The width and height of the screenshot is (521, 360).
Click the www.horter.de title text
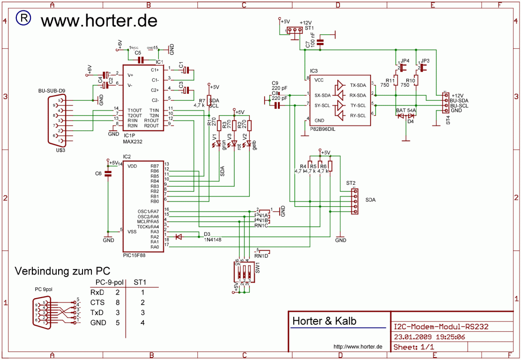click(99, 21)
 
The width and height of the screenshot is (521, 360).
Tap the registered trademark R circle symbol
click(24, 18)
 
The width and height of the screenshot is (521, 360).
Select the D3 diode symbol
click(179, 237)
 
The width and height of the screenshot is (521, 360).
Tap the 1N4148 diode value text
click(213, 240)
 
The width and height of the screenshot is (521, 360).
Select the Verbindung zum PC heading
click(62, 271)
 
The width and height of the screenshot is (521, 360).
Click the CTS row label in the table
click(97, 302)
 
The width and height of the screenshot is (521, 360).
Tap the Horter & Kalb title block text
click(324, 321)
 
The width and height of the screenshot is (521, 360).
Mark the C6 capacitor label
click(98, 173)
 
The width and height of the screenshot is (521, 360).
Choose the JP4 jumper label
click(405, 61)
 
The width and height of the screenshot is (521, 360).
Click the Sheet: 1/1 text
click(414, 347)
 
